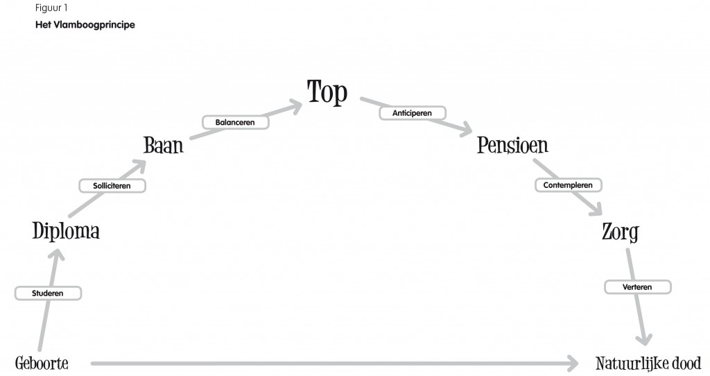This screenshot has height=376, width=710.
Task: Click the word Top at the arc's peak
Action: tap(327, 92)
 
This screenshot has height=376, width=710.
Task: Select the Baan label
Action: tap(164, 146)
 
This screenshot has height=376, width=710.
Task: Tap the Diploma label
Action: tap(66, 231)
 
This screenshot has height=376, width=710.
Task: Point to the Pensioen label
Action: tap(512, 145)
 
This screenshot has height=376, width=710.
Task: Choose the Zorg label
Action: tap(621, 232)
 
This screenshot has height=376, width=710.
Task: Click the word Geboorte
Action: tap(42, 364)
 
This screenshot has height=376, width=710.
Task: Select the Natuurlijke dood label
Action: tap(648, 364)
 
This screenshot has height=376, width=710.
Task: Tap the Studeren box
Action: tap(48, 293)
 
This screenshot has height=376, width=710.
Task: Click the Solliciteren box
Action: tap(112, 186)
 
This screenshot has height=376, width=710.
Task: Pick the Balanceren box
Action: tap(236, 122)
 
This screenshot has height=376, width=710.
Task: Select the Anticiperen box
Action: tap(413, 113)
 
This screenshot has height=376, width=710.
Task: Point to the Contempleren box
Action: tap(569, 185)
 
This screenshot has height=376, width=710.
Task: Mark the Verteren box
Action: tap(638, 287)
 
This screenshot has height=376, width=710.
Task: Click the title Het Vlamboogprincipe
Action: tap(85, 25)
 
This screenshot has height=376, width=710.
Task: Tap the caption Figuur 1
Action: tap(51, 8)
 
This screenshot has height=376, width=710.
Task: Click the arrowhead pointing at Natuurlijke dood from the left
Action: tap(573, 364)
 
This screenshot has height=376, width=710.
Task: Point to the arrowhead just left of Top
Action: tap(295, 107)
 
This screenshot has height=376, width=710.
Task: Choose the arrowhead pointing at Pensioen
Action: tap(466, 130)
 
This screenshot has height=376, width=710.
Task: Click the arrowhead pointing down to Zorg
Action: tap(596, 210)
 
